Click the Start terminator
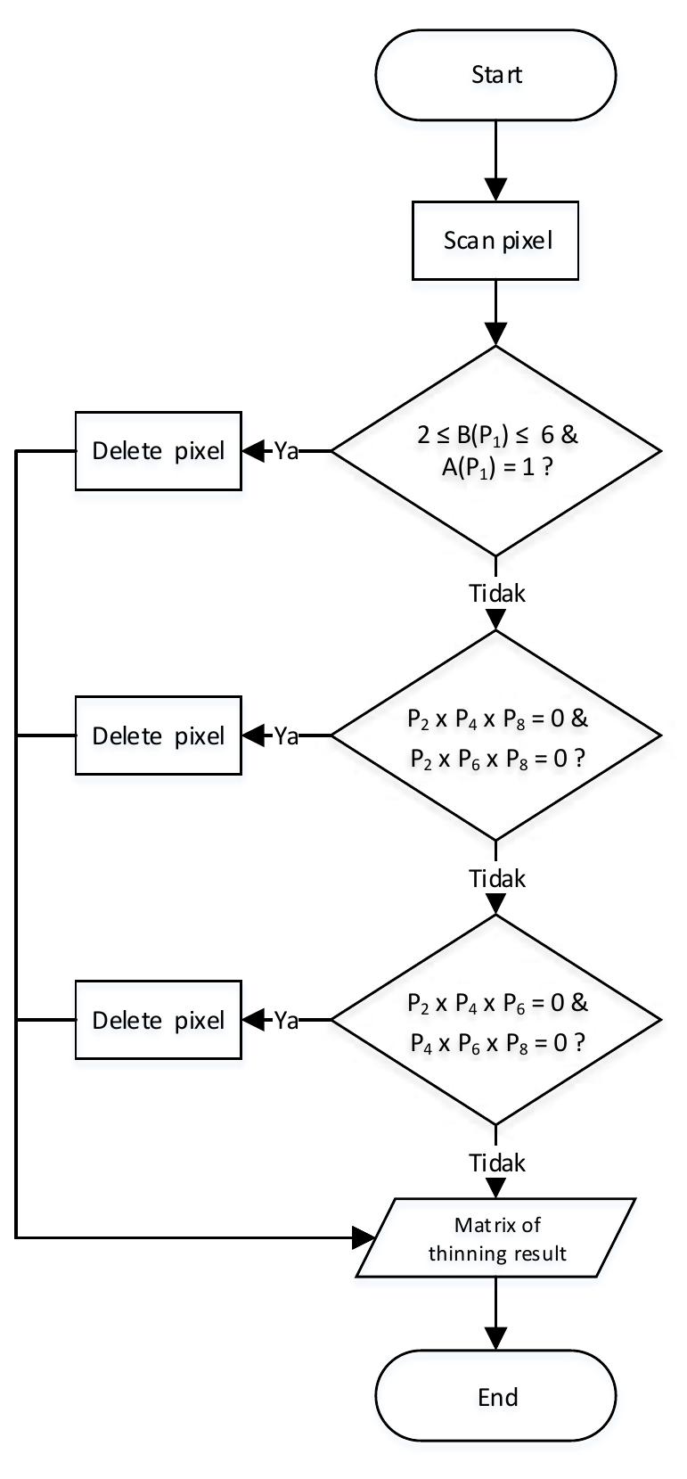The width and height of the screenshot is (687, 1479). [495, 75]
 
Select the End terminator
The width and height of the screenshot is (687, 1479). [495, 1397]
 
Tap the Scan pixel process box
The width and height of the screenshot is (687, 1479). [495, 241]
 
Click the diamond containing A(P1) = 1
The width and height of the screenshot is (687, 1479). [495, 451]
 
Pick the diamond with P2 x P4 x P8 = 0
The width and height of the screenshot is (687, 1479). [495, 736]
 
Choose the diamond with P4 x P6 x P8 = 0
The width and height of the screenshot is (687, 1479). [495, 1021]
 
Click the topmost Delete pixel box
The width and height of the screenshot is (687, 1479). [158, 451]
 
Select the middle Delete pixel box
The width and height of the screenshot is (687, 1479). [158, 736]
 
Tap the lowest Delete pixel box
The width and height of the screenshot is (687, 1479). [158, 1021]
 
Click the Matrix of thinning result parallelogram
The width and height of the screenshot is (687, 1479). [495, 1238]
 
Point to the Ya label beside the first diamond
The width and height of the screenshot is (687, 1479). [285, 451]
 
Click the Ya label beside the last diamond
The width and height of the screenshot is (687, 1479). [285, 1021]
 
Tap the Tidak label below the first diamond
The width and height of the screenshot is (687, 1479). [497, 594]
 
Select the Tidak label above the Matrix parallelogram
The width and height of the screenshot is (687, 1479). [497, 1163]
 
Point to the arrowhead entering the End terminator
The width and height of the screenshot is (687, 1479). [495, 1338]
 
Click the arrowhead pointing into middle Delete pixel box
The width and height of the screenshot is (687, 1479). [255, 736]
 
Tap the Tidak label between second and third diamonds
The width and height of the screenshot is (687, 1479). [497, 878]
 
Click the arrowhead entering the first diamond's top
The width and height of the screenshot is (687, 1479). [495, 334]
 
